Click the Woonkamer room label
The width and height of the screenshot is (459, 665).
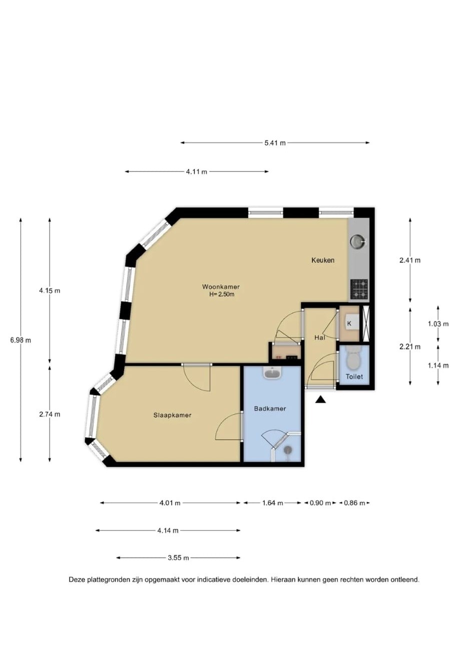[x=221, y=287]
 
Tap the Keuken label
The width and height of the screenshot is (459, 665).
[x=323, y=260]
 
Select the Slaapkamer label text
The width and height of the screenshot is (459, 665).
[x=172, y=415]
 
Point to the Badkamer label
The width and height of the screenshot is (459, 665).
[x=270, y=409]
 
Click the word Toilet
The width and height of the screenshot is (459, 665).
[x=354, y=377]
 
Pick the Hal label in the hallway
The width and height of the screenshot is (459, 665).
[x=320, y=338]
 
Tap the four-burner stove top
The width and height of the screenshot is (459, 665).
[x=359, y=289]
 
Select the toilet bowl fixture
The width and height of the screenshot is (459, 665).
[x=353, y=357]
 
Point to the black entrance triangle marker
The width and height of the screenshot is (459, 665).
[x=320, y=400]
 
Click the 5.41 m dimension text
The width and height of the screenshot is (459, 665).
[x=275, y=143]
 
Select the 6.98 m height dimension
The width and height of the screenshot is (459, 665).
[x=21, y=340]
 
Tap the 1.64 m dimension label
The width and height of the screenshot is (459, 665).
[x=272, y=503]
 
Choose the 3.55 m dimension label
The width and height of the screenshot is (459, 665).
[x=178, y=558]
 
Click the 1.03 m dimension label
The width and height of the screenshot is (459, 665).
[x=438, y=324]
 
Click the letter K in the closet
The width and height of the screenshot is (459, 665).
[x=349, y=323]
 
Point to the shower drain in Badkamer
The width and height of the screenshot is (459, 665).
[x=288, y=450]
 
